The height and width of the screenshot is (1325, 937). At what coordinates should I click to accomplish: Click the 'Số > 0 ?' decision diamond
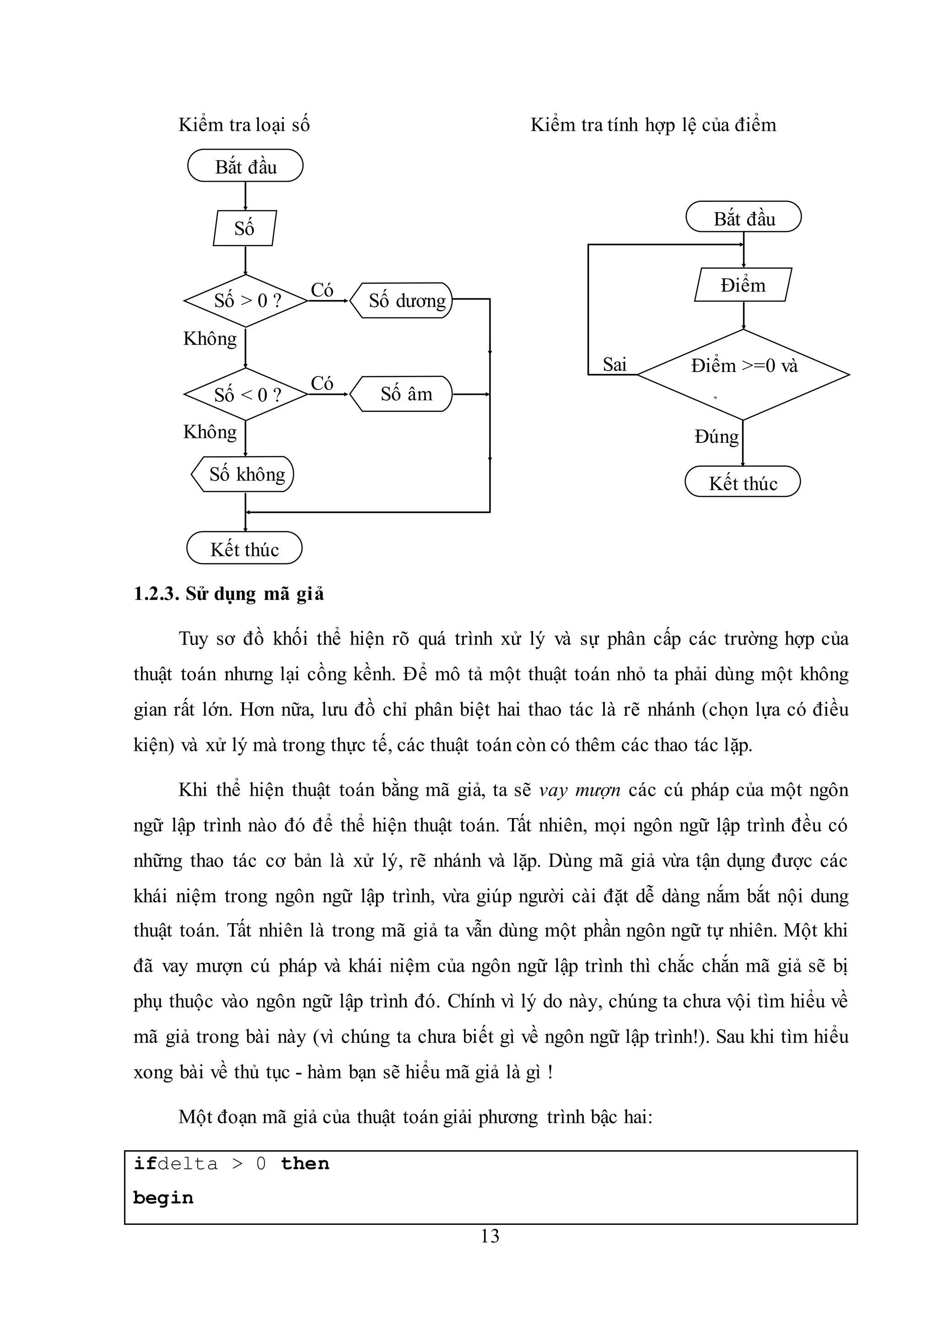coord(246,301)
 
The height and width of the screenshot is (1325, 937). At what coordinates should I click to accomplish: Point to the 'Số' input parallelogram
coord(245,228)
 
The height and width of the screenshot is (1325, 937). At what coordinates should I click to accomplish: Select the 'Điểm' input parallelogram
coord(743,285)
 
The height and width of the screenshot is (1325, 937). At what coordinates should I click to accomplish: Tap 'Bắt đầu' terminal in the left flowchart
coord(245,167)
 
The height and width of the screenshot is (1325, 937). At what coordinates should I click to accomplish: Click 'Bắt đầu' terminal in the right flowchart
coord(744,218)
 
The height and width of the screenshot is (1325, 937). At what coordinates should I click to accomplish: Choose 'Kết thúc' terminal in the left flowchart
coord(245,549)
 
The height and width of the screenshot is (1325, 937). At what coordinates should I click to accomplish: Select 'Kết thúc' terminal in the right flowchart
coord(743,482)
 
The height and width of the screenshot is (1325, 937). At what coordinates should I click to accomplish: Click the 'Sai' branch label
coord(614,365)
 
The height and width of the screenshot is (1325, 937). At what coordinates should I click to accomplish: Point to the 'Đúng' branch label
coord(716,437)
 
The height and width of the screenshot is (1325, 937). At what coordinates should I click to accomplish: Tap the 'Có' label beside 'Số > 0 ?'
coord(322,290)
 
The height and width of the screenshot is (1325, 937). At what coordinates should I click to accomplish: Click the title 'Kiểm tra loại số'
coord(244,124)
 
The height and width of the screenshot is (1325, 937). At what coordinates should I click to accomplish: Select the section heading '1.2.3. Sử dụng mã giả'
coord(229,594)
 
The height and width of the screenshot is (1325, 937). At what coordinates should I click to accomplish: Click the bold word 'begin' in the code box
coord(163,1198)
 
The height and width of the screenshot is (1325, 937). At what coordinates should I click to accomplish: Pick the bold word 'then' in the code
coord(305,1163)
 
